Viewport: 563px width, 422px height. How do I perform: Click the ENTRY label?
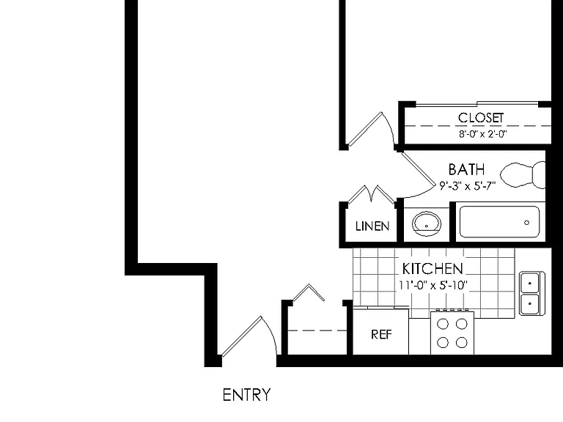[x=246, y=395]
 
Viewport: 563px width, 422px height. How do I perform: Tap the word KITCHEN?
[x=433, y=269]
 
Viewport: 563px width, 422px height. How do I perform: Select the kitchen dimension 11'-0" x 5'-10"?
[x=433, y=285]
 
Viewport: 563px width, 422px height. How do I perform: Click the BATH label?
[x=466, y=169]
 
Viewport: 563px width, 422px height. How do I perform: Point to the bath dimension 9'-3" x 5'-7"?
[x=468, y=185]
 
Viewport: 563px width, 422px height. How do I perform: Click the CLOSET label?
[x=481, y=118]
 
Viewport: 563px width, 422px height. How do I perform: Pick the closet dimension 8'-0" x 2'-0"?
[x=482, y=134]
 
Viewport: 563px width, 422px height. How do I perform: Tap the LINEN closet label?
[x=372, y=226]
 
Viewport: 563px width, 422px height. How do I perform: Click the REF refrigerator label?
[x=381, y=334]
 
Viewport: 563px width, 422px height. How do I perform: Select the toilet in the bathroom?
[x=523, y=175]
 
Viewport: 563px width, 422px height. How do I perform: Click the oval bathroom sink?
[x=426, y=223]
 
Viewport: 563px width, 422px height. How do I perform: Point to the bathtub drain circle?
[x=527, y=223]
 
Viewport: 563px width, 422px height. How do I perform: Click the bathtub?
[x=499, y=222]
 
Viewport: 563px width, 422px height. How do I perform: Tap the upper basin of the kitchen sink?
[x=529, y=283]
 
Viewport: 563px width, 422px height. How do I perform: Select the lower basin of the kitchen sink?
[x=529, y=304]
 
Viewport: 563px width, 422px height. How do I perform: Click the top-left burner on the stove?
[x=443, y=324]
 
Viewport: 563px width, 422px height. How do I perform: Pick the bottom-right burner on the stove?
[x=461, y=342]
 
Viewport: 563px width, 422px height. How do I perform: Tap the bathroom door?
[x=416, y=168]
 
